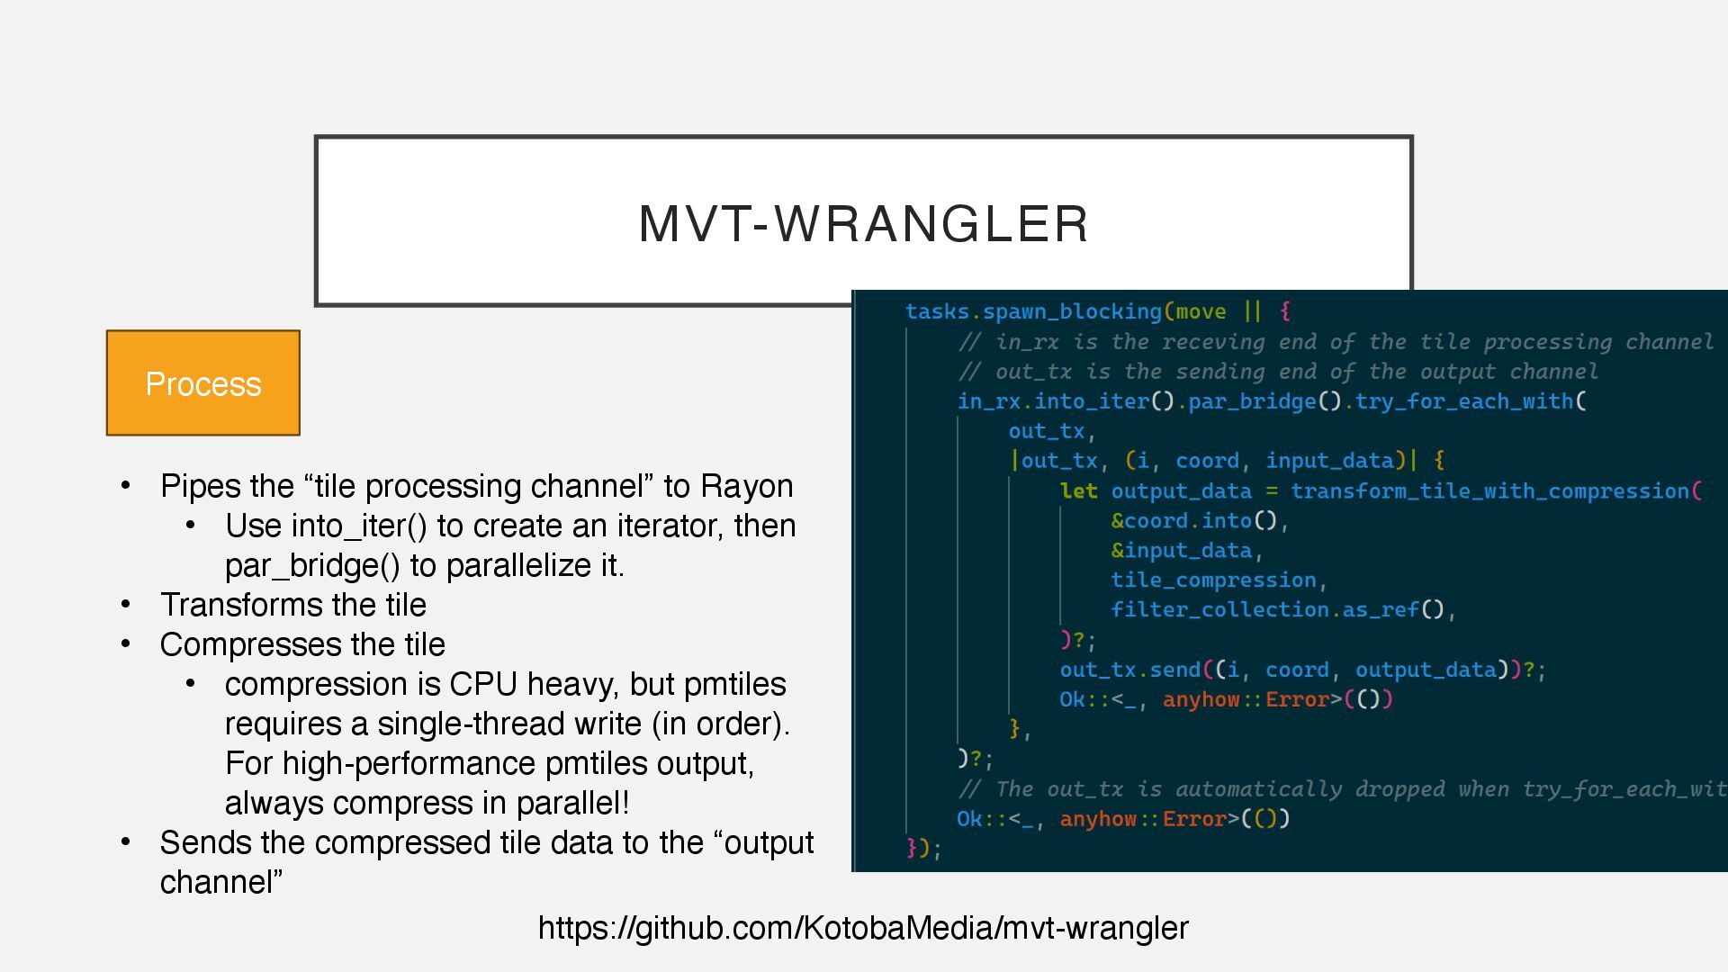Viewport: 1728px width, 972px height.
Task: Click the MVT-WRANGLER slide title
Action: tap(863, 223)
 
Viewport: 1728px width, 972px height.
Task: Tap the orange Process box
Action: tap(203, 383)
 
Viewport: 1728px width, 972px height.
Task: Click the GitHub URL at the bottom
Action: tap(863, 927)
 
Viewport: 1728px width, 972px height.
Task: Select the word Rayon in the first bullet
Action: tap(747, 486)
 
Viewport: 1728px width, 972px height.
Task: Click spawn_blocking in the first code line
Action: tap(1072, 311)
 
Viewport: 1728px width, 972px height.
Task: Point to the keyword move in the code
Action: tap(1201, 311)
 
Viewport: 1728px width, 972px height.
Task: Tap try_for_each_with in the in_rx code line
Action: tap(1464, 401)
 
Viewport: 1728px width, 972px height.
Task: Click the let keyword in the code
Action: tap(1078, 491)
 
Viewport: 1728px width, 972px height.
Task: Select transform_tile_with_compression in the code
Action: tap(1489, 491)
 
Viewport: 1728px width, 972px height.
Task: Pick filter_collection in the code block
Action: tap(1219, 610)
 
